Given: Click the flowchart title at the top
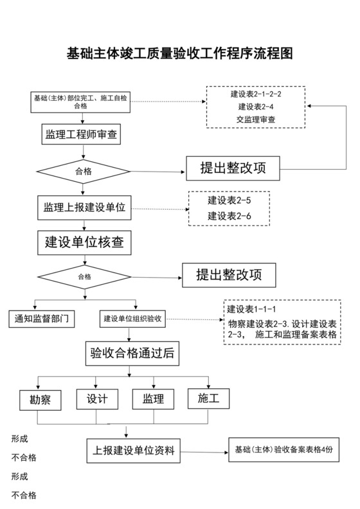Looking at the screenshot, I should (x=180, y=53).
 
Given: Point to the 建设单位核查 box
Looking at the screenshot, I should (x=84, y=243).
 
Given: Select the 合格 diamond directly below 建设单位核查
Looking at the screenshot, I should (x=84, y=277).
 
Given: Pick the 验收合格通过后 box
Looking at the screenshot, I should (x=133, y=353).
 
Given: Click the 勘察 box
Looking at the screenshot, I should (x=40, y=399).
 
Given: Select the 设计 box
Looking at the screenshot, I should (x=97, y=399).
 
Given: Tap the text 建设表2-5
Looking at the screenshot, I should (x=229, y=201).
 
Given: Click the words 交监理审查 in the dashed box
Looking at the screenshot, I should (x=256, y=119).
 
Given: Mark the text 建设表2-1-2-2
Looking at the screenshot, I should (x=256, y=94).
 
